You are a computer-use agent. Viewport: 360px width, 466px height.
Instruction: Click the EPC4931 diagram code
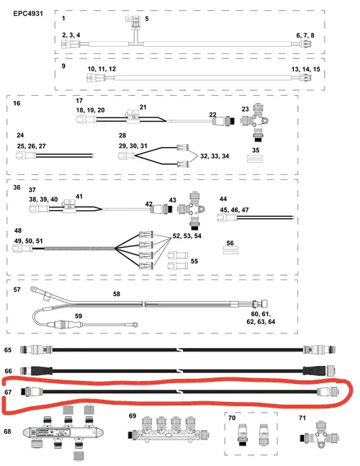tap(28, 14)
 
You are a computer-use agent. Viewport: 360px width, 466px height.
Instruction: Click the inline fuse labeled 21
tap(133, 116)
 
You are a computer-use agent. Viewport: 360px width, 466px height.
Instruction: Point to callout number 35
tap(256, 150)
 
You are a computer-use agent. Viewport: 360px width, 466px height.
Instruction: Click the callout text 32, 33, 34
tap(215, 156)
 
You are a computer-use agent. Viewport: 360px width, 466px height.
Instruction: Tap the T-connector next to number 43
tap(192, 210)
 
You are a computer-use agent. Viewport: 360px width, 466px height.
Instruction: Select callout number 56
tap(230, 243)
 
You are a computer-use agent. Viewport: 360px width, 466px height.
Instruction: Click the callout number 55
tap(194, 261)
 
